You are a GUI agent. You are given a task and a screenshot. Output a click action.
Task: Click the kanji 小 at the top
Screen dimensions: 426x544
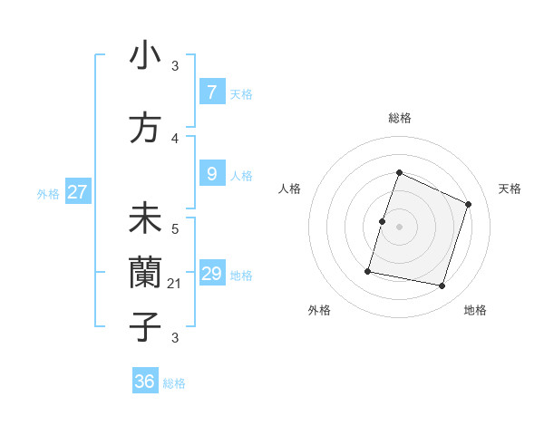click(x=145, y=56)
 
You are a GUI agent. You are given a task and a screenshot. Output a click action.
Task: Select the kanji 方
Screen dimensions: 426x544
click(x=145, y=128)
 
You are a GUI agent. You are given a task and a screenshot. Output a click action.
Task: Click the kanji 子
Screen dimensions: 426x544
click(x=145, y=326)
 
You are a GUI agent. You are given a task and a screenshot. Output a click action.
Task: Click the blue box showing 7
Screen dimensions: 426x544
click(x=211, y=92)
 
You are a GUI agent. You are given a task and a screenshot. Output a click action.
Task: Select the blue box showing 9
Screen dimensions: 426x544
click(x=211, y=174)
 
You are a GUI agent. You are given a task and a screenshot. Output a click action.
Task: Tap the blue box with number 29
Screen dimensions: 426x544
click(x=211, y=274)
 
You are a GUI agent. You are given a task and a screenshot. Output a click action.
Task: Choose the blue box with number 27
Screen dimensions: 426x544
click(x=78, y=192)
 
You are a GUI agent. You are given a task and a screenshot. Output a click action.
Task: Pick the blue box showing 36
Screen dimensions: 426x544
click(x=145, y=382)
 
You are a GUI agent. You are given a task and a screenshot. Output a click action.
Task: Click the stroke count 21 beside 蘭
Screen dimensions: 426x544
click(x=175, y=284)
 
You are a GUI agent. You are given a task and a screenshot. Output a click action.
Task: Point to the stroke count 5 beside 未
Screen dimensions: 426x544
click(x=175, y=229)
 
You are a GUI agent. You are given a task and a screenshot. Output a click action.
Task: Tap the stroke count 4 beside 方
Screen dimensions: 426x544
click(x=175, y=139)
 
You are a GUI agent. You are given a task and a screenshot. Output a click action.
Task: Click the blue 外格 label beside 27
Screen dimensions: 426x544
click(x=48, y=193)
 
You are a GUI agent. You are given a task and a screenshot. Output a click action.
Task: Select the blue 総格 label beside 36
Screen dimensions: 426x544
click(x=174, y=383)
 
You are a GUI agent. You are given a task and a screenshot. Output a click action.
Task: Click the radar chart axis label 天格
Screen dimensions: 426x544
click(x=510, y=189)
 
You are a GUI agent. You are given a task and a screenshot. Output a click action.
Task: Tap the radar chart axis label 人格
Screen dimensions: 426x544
click(x=289, y=189)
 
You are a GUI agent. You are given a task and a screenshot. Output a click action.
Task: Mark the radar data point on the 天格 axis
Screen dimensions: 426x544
click(x=468, y=204)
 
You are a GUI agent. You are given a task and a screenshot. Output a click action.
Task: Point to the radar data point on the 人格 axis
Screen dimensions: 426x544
click(x=383, y=221)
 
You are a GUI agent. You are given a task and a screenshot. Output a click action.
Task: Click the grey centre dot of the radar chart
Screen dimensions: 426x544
click(x=399, y=227)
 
